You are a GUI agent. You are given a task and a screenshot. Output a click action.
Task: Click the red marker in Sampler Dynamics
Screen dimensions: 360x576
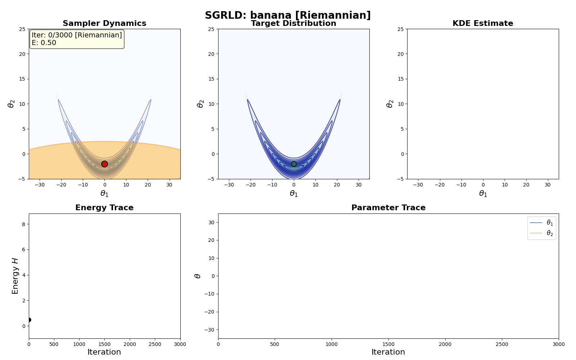tap(104, 164)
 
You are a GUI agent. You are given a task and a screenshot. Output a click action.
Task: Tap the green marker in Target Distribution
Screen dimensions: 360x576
tap(294, 164)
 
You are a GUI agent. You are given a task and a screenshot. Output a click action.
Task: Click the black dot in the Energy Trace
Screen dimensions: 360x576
tap(29, 320)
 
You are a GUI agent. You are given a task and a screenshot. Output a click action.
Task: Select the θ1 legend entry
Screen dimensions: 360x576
tap(541, 223)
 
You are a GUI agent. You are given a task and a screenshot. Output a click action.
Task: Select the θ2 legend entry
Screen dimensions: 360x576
tap(541, 233)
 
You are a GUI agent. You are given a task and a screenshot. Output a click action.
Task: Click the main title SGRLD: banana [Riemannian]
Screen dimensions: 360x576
tap(288, 15)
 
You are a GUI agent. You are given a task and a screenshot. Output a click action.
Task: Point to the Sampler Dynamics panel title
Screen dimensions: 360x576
tap(104, 23)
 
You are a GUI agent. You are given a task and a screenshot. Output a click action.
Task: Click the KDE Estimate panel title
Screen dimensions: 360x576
tap(483, 23)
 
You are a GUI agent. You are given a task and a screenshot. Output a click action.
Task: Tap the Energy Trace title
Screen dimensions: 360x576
tap(104, 208)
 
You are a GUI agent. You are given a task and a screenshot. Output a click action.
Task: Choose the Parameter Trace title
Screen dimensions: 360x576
tap(388, 208)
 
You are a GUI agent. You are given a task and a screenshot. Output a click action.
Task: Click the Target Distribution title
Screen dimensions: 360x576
tap(293, 23)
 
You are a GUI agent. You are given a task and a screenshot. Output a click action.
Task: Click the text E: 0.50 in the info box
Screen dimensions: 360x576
tap(44, 43)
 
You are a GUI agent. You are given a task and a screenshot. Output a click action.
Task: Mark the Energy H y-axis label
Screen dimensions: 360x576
tap(15, 276)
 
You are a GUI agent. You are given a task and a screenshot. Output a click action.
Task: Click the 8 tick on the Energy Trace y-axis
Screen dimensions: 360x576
tap(24, 224)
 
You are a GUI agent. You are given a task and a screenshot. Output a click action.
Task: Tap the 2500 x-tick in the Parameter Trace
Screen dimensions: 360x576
tap(502, 344)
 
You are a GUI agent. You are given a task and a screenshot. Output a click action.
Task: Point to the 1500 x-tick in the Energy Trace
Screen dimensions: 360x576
tap(104, 344)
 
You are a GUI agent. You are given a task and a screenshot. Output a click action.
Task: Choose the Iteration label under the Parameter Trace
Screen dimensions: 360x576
tap(388, 352)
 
